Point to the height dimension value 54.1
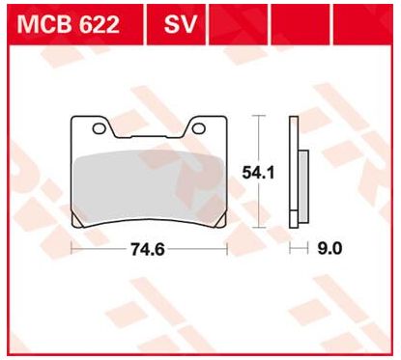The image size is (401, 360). [256, 171]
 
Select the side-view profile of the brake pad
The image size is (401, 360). [298, 174]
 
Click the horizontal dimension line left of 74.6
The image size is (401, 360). [101, 248]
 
